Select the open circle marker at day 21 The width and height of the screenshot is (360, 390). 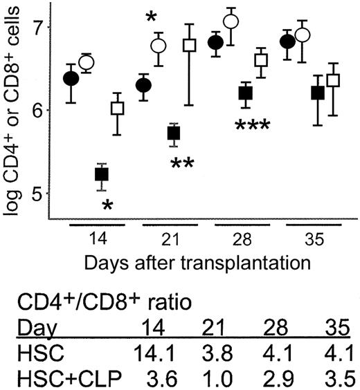pyautogui.click(x=159, y=46)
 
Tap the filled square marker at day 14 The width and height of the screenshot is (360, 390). pyautogui.click(x=101, y=174)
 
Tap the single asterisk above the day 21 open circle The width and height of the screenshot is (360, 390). pyautogui.click(x=150, y=17)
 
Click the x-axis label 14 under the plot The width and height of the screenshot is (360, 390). pyautogui.click(x=98, y=243)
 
